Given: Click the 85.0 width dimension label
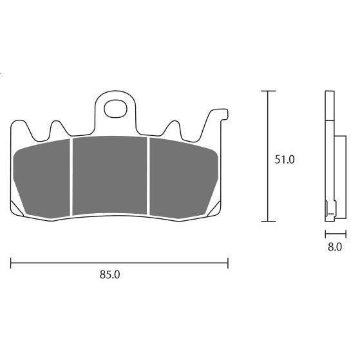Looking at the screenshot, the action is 109,274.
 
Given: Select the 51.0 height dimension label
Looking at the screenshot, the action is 284,160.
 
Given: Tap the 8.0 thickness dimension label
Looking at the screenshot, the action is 335,247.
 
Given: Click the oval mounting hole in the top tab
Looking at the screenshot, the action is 115,109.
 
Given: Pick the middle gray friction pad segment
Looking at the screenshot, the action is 109,175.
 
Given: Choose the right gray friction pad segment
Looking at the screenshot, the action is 182,178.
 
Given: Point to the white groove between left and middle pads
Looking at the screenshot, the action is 71,177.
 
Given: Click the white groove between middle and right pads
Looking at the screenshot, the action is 148,176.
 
